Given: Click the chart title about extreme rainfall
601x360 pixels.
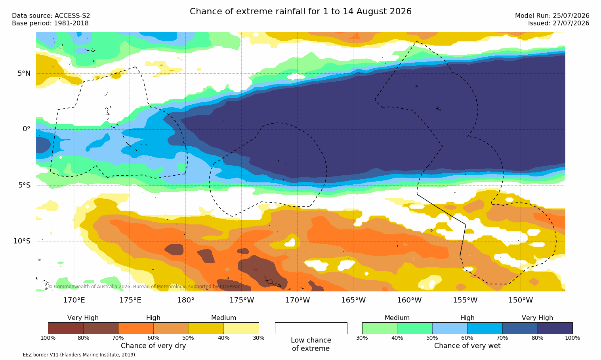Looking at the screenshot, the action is pyautogui.click(x=300, y=11).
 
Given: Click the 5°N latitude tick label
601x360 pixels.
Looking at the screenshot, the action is pyautogui.click(x=24, y=73).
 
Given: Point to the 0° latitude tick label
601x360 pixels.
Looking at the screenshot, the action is pyautogui.click(x=26, y=129).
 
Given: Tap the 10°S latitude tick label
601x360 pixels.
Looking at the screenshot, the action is pyautogui.click(x=22, y=241).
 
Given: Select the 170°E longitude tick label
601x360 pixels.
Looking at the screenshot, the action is pyautogui.click(x=74, y=300).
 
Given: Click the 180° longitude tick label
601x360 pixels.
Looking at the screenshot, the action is pyautogui.click(x=186, y=300).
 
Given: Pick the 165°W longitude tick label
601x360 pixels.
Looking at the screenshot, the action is pyautogui.click(x=353, y=300).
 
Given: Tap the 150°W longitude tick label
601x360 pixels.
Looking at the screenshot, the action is pyautogui.click(x=521, y=300).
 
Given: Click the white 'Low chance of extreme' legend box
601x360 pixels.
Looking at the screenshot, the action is pyautogui.click(x=311, y=328).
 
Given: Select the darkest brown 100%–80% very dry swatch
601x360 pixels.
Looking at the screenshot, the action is pyautogui.click(x=66, y=328).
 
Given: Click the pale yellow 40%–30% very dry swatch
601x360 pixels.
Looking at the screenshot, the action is pyautogui.click(x=241, y=328).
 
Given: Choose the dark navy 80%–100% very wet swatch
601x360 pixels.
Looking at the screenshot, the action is pyautogui.click(x=555, y=328).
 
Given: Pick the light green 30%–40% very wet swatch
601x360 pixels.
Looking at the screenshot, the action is pyautogui.click(x=380, y=328).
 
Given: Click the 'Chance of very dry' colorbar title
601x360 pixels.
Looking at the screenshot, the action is pyautogui.click(x=153, y=346).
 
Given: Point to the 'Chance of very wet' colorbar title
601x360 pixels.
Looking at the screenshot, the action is pyautogui.click(x=467, y=346).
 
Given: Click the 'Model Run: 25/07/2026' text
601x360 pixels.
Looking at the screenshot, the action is pyautogui.click(x=552, y=16).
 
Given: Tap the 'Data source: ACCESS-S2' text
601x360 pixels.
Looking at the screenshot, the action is pyautogui.click(x=51, y=16).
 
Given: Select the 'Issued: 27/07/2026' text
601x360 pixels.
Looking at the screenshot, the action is pyautogui.click(x=559, y=23).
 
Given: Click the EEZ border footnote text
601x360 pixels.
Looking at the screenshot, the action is pyautogui.click(x=71, y=355).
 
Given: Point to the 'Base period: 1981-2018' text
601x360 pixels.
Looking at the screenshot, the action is pyautogui.click(x=50, y=23).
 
